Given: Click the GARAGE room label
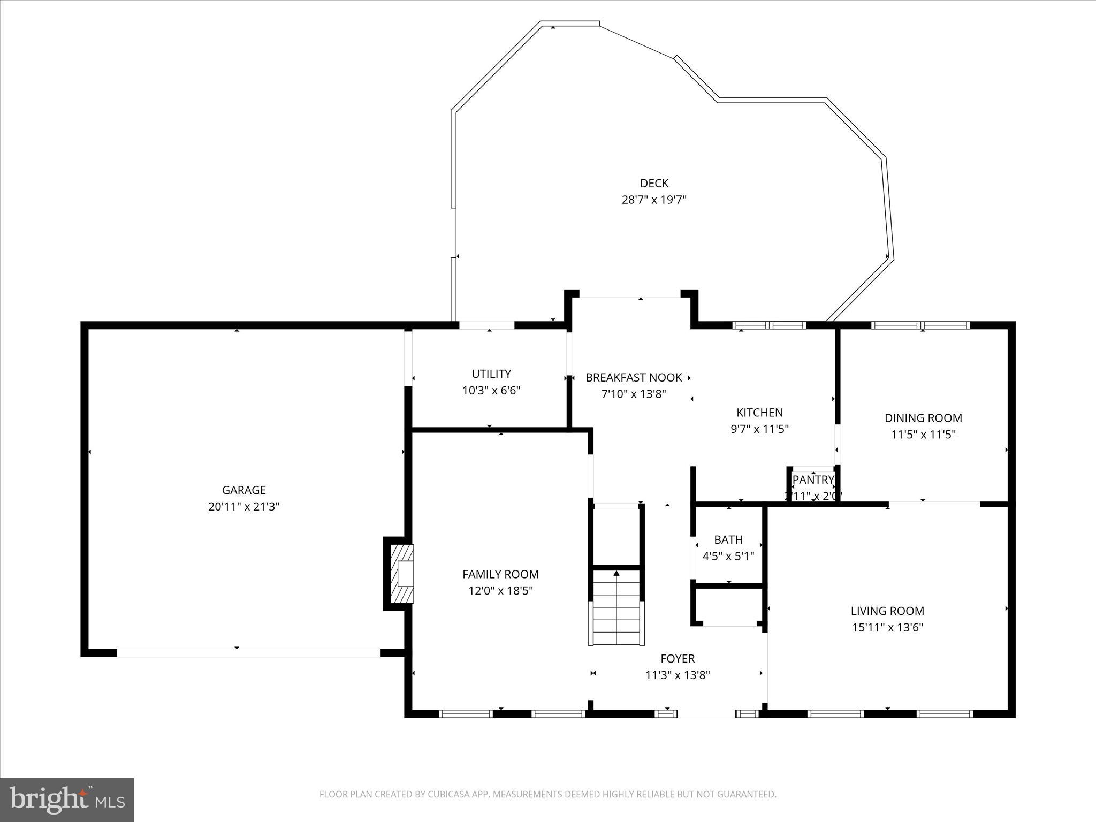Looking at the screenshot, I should (x=243, y=490).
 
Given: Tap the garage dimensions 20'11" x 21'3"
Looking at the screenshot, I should (x=243, y=506).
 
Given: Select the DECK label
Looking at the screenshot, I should (x=654, y=183).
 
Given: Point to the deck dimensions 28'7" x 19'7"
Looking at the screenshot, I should (x=654, y=200).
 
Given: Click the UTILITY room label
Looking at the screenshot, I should (x=491, y=374).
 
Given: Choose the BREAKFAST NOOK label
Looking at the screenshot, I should (x=634, y=377).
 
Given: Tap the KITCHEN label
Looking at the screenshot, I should (x=759, y=412).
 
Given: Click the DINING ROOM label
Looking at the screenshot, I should (x=923, y=418).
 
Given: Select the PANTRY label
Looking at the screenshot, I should (x=813, y=479).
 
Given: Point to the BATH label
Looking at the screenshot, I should (x=728, y=539).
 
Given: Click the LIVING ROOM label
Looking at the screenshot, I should (x=887, y=611).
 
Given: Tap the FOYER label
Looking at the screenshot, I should (x=677, y=658).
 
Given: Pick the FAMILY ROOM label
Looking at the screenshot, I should (x=500, y=574).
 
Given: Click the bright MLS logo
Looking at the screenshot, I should (x=66, y=800).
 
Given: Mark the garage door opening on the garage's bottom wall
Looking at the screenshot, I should (x=248, y=653).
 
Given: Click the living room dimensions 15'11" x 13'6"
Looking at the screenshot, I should (x=887, y=627).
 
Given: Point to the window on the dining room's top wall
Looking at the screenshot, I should (x=920, y=325).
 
